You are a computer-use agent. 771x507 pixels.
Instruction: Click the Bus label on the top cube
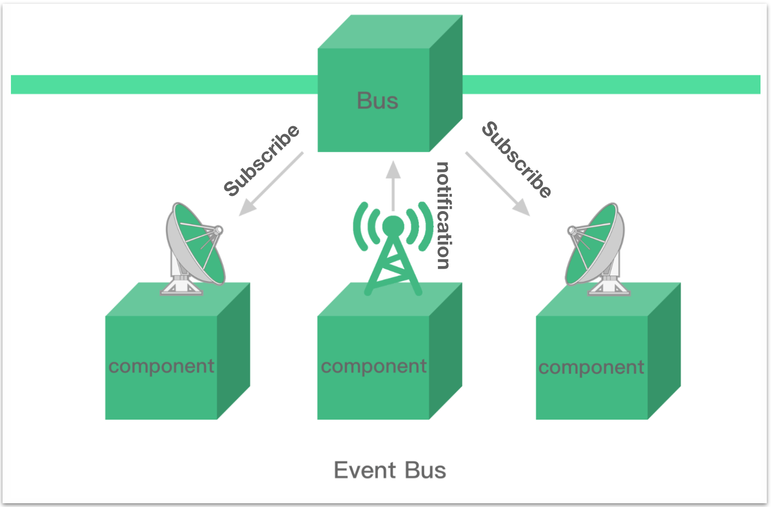(x=378, y=101)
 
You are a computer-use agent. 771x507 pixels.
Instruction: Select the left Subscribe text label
(x=262, y=160)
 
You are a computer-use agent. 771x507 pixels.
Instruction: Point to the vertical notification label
(x=443, y=215)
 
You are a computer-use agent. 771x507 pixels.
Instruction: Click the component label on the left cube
(x=162, y=367)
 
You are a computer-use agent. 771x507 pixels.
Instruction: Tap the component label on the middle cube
(x=374, y=367)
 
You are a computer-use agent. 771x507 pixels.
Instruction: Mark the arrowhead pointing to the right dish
(x=522, y=208)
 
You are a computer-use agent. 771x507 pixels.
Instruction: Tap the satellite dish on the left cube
(x=194, y=248)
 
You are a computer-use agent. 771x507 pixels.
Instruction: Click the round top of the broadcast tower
(x=393, y=227)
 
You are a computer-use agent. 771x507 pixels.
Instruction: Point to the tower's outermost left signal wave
(x=359, y=227)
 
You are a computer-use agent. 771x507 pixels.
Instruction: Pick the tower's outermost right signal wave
(x=427, y=227)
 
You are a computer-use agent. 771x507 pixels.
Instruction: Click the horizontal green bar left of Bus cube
(x=164, y=84)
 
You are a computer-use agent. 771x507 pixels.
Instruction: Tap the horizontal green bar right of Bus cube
(x=611, y=84)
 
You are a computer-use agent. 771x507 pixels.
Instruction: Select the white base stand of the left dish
(x=181, y=283)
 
